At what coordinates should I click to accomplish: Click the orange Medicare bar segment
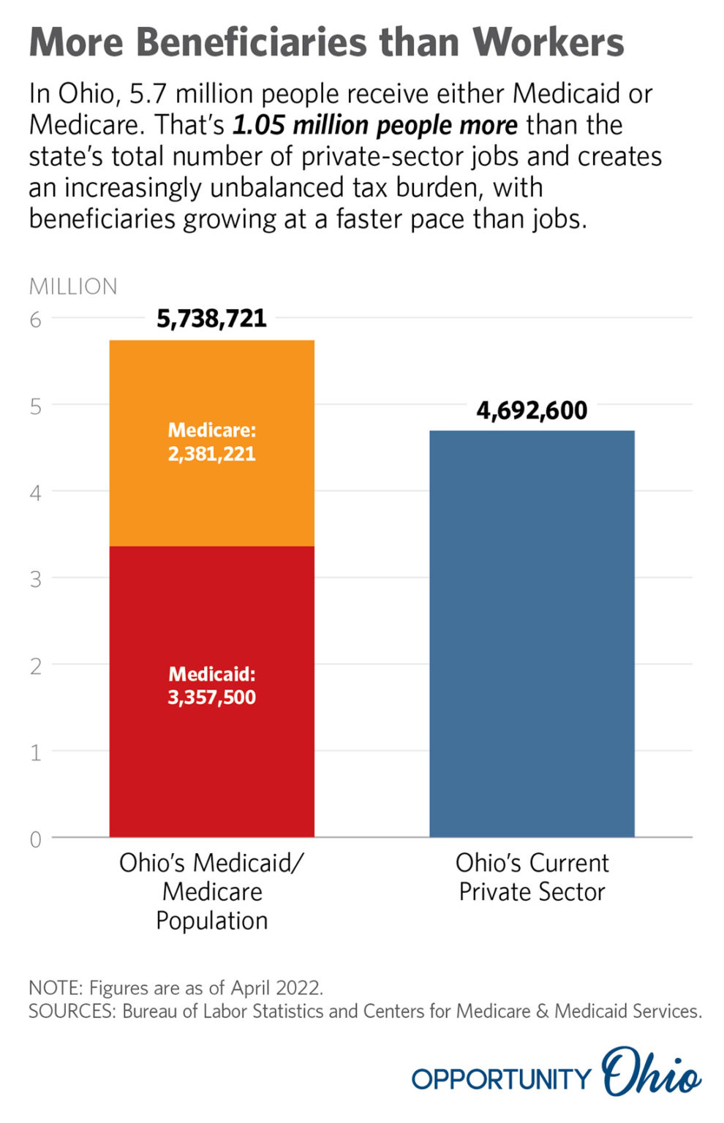click(x=211, y=497)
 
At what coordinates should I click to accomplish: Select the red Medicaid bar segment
click(x=211, y=760)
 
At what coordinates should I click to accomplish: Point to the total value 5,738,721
click(x=211, y=319)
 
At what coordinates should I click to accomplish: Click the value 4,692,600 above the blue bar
click(x=532, y=410)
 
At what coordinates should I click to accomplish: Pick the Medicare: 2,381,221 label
click(x=211, y=442)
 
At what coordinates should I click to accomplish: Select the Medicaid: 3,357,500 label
click(x=211, y=685)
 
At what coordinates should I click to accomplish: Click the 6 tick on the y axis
click(x=35, y=319)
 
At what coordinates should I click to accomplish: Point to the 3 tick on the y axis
click(x=35, y=579)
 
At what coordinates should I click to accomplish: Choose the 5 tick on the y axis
click(x=35, y=407)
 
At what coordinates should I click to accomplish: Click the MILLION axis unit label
click(x=72, y=286)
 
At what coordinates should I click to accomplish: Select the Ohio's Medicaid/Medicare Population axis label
click(x=211, y=891)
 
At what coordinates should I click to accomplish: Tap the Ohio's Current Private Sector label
click(x=532, y=877)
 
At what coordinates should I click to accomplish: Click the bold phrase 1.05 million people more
click(x=374, y=125)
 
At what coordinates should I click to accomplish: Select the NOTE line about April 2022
click(x=176, y=988)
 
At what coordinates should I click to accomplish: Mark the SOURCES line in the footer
click(x=364, y=1011)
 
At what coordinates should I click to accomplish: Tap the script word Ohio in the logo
click(x=650, y=1073)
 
